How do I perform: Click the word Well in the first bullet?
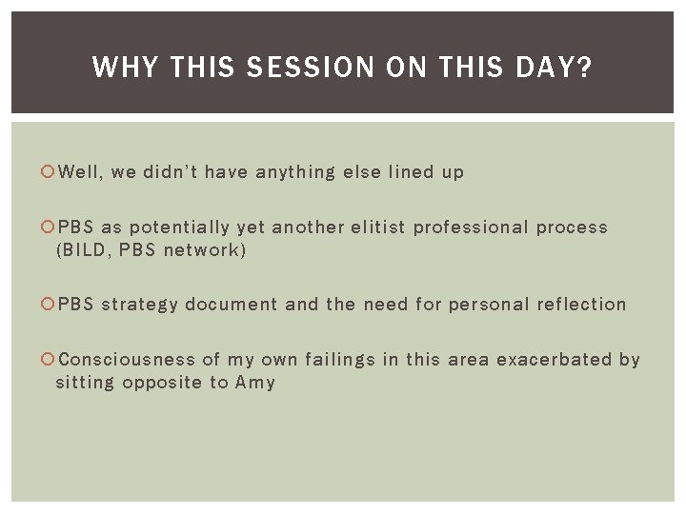(80, 172)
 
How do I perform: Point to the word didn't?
(170, 172)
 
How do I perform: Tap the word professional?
(469, 228)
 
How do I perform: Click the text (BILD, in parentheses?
(84, 250)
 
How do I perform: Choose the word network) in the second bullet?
(205, 250)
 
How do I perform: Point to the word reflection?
(581, 306)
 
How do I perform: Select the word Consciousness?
(127, 360)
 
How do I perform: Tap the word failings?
(341, 361)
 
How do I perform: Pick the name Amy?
(255, 384)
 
